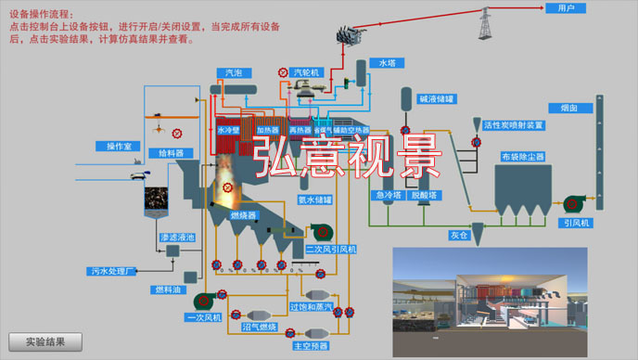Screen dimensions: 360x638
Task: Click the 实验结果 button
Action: tap(45, 341)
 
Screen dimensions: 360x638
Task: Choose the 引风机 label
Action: tap(576, 223)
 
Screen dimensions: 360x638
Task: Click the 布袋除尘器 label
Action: tap(522, 157)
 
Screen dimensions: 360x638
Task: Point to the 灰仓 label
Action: tap(461, 236)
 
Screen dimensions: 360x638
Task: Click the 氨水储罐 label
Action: tap(314, 199)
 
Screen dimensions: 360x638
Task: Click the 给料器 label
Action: tap(171, 152)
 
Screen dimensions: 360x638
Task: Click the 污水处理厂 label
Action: tap(114, 272)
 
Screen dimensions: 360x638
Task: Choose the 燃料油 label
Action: tap(167, 290)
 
